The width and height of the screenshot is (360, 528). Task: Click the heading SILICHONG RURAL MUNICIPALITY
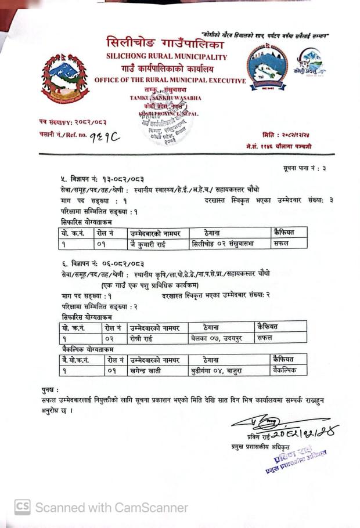[166, 57]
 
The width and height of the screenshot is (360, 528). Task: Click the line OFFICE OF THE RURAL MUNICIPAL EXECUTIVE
[170, 80]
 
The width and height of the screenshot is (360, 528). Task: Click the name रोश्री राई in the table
[144, 338]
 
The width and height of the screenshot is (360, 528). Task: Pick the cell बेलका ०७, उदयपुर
[215, 338]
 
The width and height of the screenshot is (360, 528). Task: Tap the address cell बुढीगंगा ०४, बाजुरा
[218, 370]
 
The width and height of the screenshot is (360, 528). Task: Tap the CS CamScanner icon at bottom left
[22, 507]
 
